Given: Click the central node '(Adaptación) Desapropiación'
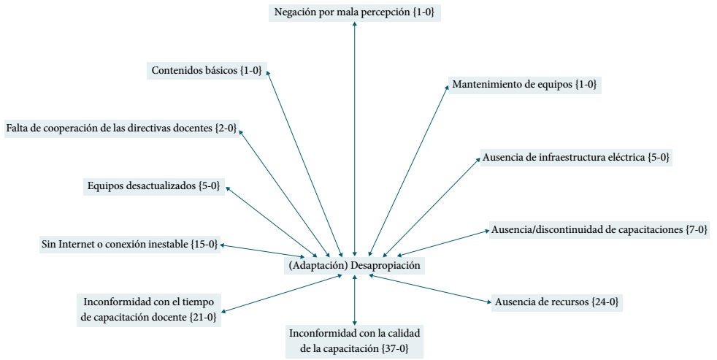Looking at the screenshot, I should coord(355,265).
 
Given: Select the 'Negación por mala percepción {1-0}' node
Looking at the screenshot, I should coord(355,12).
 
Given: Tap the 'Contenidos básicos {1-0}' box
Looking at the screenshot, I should coord(207,71).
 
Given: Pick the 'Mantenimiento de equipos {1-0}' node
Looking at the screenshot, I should coord(524,84).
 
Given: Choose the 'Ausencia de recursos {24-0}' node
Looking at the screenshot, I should coord(557,301).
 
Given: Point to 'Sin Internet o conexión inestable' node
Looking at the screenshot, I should coord(129,244).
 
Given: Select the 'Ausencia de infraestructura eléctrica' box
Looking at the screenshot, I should coord(575,157).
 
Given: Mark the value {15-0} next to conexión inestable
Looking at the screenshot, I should coord(204,244).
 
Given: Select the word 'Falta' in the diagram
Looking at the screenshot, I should coord(18,128).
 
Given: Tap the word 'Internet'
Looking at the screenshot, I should coord(75,244).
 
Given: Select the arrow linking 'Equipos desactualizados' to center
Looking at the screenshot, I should coord(277,219).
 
